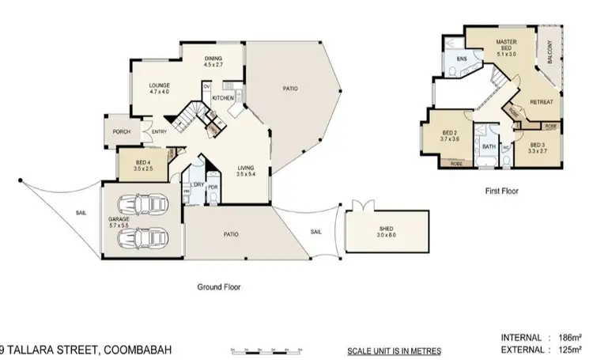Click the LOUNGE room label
(159, 88)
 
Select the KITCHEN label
(221, 98)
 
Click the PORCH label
(122, 132)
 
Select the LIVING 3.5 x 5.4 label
(245, 170)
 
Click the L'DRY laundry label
(197, 185)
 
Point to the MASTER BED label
(506, 44)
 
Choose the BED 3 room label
(538, 148)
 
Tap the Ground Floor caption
(218, 288)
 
